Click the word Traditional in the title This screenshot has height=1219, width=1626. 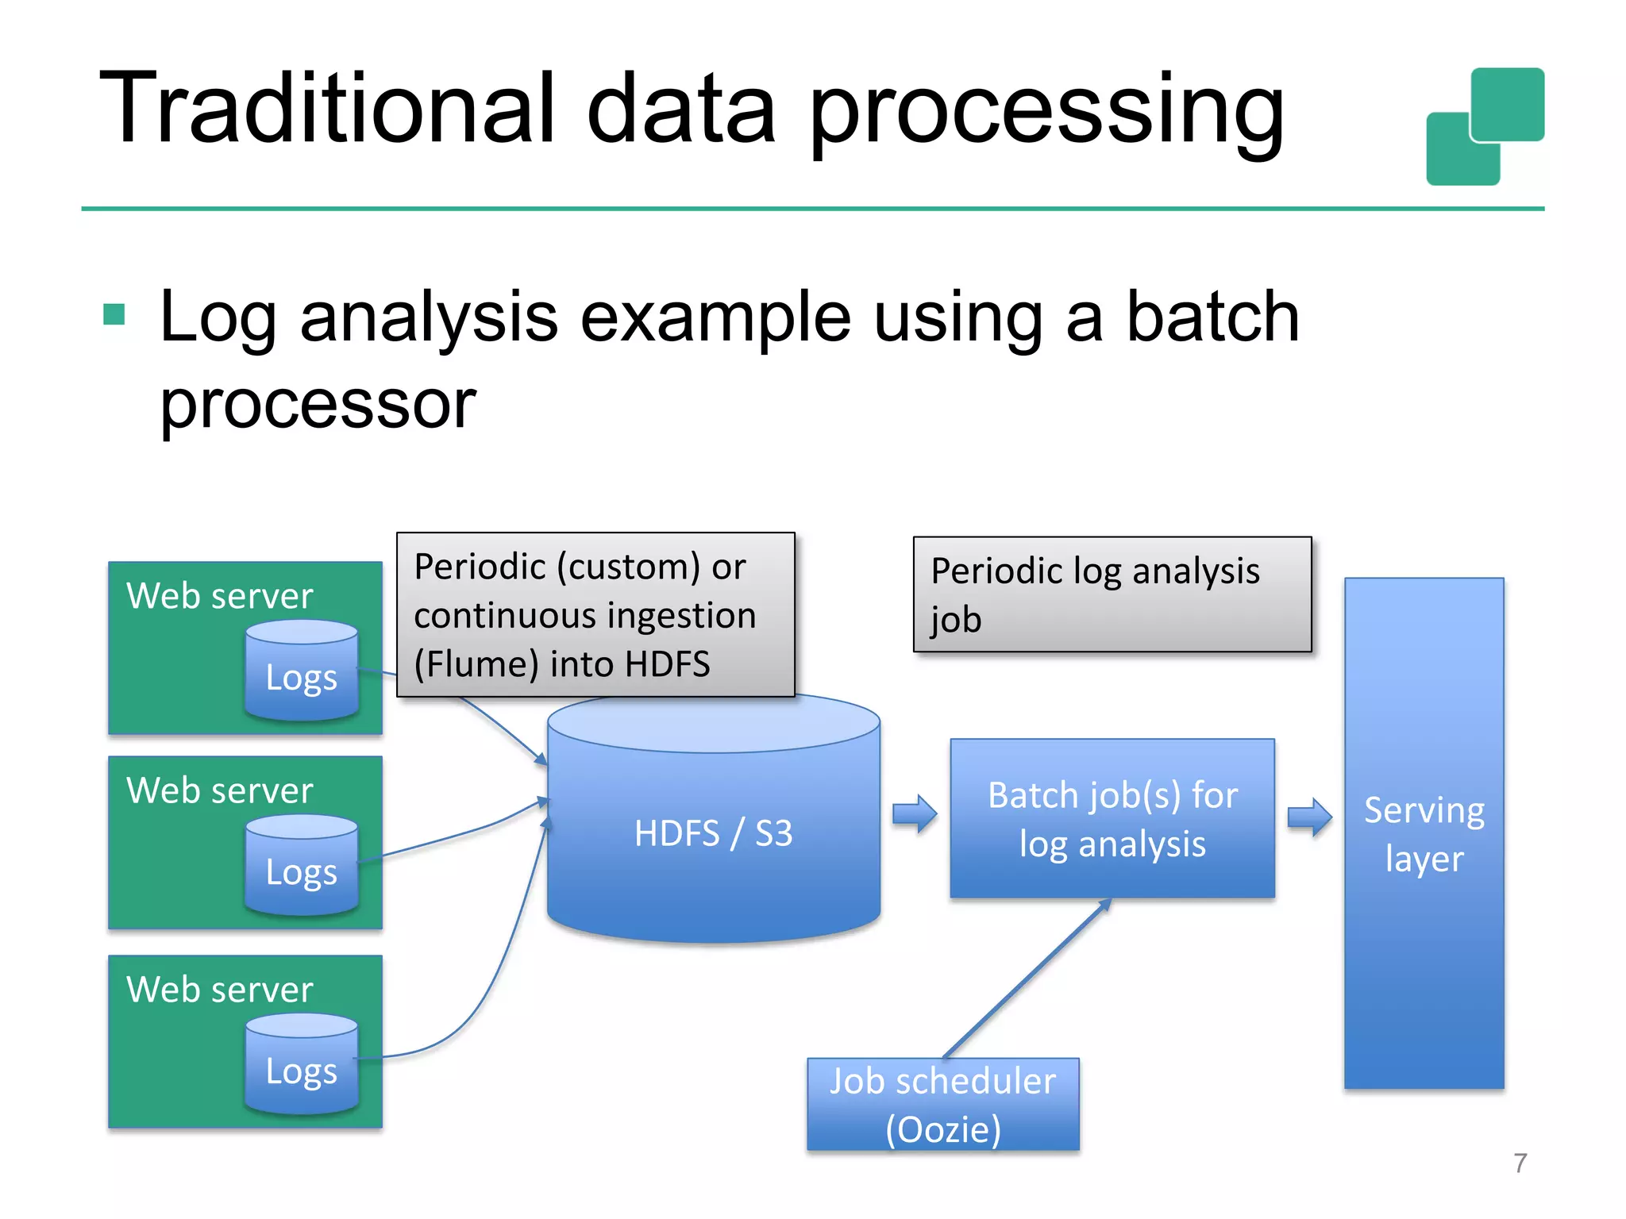tap(326, 109)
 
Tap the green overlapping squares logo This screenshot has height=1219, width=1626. tap(1485, 127)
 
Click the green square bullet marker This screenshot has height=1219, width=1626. tap(114, 315)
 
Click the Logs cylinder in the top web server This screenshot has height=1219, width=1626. tap(302, 671)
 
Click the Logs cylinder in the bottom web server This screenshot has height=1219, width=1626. tap(302, 1065)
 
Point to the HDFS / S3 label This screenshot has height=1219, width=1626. tap(713, 833)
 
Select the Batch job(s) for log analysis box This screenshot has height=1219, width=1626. tap(1112, 819)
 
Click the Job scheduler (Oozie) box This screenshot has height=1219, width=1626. tap(942, 1104)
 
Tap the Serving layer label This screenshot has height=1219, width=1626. tap(1424, 834)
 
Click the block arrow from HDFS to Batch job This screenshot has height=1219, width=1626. tap(915, 814)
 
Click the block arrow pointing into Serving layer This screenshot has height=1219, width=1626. tap(1309, 817)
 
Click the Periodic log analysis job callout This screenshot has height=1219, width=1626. tap(1112, 594)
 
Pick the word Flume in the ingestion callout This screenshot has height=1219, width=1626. tap(476, 665)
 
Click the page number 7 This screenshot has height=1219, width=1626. tap(1520, 1163)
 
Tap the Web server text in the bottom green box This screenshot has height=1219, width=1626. tap(220, 990)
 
